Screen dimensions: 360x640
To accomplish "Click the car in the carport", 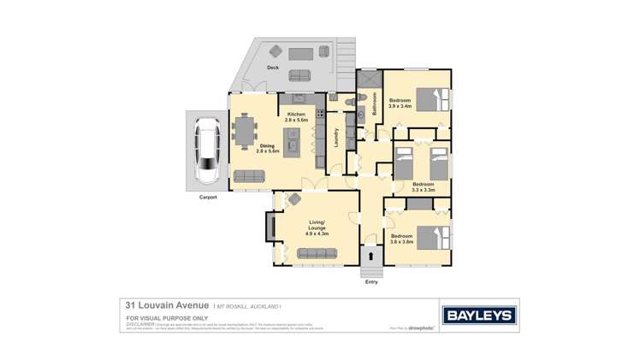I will pos(208,153).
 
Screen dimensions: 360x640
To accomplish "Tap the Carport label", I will pos(208,198).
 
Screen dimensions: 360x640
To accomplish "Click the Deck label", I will pos(273,67).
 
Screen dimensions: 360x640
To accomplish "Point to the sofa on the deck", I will pos(300,53).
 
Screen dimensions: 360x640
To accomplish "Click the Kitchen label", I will pos(297,116).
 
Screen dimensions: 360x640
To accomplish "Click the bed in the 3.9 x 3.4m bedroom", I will pos(427,99).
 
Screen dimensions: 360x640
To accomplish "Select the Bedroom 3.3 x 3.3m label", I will pos(423,186).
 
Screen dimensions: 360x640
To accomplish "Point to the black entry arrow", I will pos(370,256).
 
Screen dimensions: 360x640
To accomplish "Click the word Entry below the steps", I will pos(371,281).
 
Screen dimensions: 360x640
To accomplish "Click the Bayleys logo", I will pos(476,314).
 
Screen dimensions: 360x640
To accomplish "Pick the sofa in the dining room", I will pos(249,176).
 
